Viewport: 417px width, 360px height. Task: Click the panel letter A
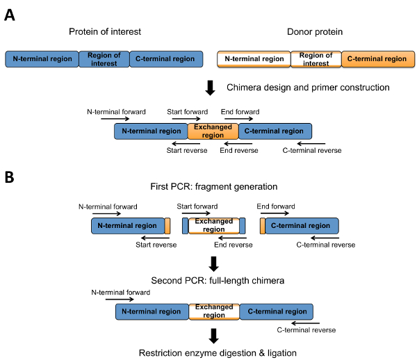pos(10,15)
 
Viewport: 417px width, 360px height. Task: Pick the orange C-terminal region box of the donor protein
pos(376,59)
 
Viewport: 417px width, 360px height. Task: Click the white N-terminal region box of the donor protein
pos(253,59)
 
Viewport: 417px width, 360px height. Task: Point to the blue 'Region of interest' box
pos(104,59)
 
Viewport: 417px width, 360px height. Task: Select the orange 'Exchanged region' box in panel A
pos(213,131)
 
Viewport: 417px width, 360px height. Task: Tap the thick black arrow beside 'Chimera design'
pos(212,88)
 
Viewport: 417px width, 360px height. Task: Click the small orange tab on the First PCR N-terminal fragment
pos(167,226)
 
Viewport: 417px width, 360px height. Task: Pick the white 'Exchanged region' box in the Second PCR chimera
pos(213,311)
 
